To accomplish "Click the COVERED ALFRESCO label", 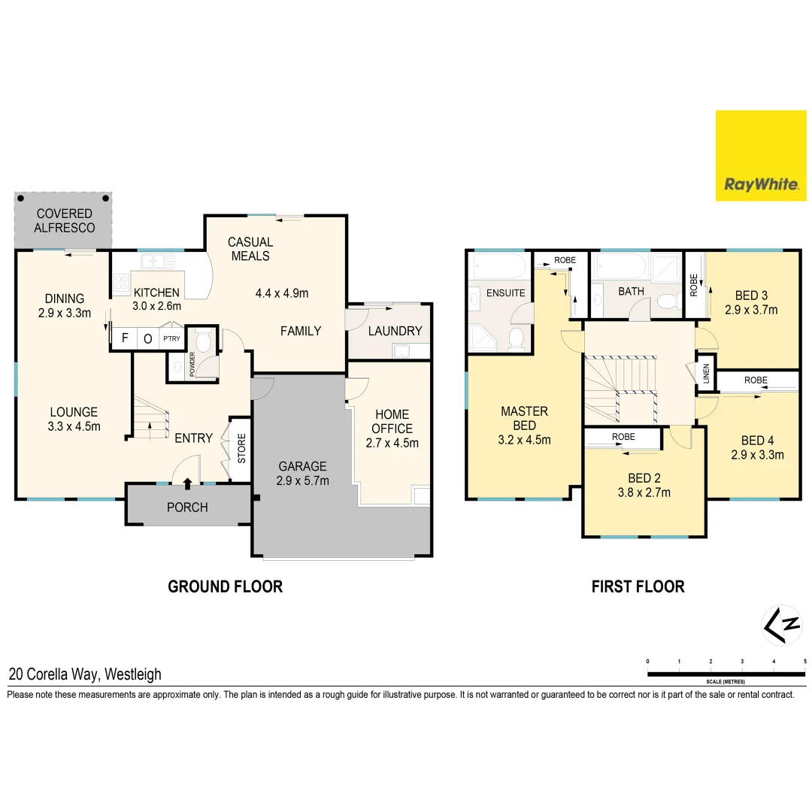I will coord(65,220).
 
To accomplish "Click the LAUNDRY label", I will coord(395,331).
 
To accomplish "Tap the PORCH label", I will coord(187,507).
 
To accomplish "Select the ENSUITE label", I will coord(506,292).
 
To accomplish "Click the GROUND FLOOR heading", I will coord(225,586).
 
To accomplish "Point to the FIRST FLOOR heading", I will coord(638,586).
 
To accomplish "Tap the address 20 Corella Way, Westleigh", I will coord(85,674).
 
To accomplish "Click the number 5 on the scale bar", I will coord(804,661).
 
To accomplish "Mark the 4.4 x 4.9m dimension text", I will coord(281,293).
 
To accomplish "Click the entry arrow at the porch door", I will coord(187,483).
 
